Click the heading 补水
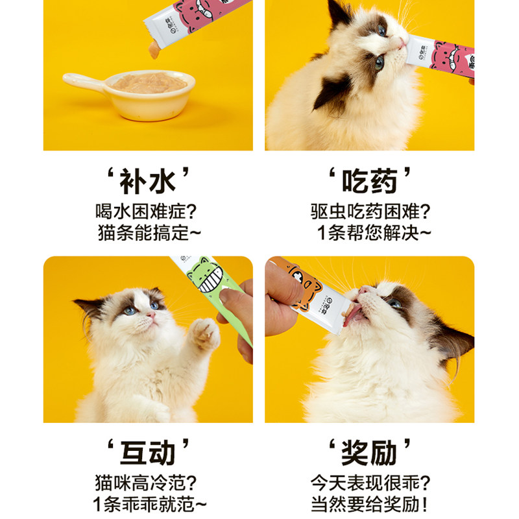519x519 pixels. tap(147, 181)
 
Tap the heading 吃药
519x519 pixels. tap(370, 181)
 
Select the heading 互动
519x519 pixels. tap(147, 453)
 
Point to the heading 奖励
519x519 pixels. tap(370, 453)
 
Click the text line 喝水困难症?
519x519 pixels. tap(147, 211)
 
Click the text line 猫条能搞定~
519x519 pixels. tap(147, 232)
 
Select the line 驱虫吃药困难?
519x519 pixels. tap(370, 211)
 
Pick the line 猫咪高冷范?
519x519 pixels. tap(147, 483)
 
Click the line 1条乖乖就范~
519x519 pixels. tap(147, 503)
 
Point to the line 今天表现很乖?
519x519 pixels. tap(370, 483)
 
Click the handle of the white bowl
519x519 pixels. tap(81, 81)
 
